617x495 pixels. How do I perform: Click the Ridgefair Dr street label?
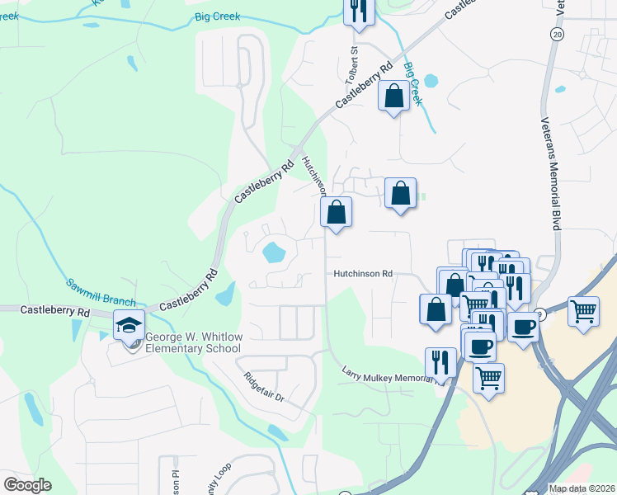click(264, 387)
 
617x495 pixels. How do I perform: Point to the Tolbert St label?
click(356, 61)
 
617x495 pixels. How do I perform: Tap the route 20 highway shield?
click(558, 34)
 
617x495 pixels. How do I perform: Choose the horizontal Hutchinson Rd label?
click(363, 274)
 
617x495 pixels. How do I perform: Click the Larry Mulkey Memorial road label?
click(388, 376)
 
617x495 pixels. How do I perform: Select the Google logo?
click(27, 485)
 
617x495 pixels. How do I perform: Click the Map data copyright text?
click(582, 488)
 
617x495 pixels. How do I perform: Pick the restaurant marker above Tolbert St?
click(358, 10)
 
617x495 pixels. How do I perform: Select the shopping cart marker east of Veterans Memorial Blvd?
click(583, 311)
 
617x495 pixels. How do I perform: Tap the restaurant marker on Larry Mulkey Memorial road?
click(440, 361)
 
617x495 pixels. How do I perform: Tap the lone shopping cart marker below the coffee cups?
click(488, 378)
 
